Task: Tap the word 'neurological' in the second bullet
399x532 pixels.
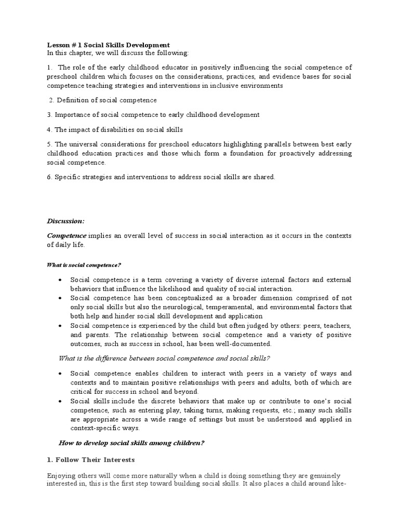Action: point(189,307)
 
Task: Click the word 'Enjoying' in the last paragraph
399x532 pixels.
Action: point(61,476)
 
